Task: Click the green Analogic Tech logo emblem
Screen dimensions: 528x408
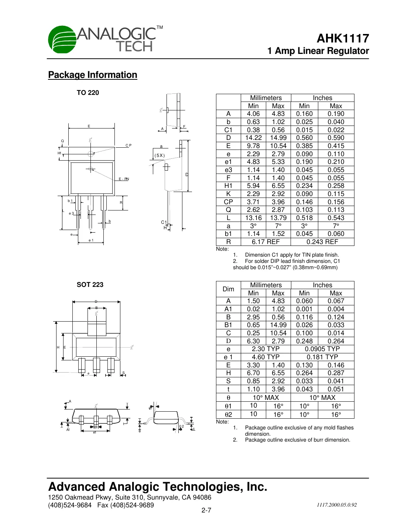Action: pos(62,40)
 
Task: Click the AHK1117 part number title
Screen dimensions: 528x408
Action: pos(343,38)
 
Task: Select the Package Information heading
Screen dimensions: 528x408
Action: pos(93,75)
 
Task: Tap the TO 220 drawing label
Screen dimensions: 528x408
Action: pos(88,93)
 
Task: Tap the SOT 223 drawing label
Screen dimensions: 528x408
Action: pos(90,285)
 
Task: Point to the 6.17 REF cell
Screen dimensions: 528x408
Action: pos(265,242)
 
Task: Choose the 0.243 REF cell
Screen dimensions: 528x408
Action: pos(322,242)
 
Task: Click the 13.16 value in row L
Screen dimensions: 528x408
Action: pos(253,218)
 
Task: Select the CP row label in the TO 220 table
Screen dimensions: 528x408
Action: pos(228,202)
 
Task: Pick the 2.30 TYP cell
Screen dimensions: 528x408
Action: pos(265,349)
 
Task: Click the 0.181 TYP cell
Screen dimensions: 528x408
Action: pos(322,357)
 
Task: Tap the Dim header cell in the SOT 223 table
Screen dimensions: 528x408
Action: pos(228,289)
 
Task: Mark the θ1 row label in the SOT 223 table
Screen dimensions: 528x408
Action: pos(228,406)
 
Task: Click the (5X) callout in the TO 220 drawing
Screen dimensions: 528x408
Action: pos(160,155)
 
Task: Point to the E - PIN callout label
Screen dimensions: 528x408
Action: pos(124,179)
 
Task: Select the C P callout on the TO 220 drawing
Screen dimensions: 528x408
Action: pos(128,145)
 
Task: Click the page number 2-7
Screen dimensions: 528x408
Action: pos(206,510)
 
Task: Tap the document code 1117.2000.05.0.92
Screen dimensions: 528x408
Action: pos(336,505)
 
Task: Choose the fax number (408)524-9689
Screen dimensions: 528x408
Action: pos(126,505)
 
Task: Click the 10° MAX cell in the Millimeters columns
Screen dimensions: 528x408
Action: pos(265,398)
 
